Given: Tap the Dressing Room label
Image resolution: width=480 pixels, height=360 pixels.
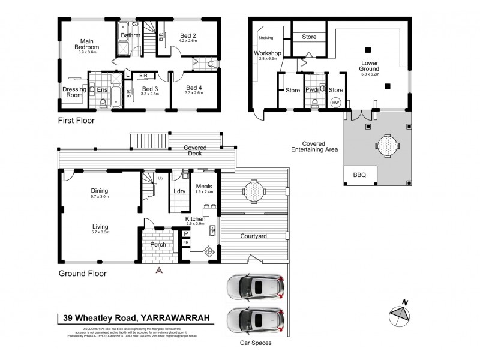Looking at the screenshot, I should tap(73, 92).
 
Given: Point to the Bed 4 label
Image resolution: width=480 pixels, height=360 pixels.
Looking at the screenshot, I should tap(194, 88).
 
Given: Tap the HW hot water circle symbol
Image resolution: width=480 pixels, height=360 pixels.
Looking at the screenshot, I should tap(335, 103).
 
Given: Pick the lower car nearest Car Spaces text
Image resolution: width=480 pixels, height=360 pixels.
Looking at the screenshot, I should tap(256, 319).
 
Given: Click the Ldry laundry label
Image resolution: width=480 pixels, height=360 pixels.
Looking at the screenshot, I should tap(179, 191).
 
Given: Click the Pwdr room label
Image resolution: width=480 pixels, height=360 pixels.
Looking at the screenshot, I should tap(312, 90).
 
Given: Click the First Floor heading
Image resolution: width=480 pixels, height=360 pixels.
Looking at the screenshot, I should tap(76, 120).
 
